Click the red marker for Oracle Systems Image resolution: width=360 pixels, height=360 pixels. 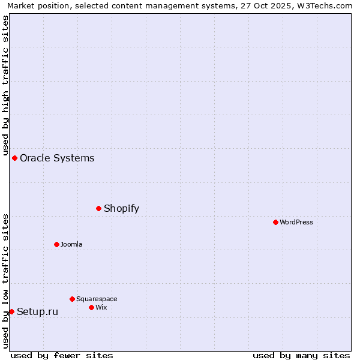point(15,158)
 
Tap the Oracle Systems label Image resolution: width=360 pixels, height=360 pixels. point(57,158)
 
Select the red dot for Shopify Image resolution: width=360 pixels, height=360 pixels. point(99,208)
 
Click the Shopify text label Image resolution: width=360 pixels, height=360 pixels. point(121,209)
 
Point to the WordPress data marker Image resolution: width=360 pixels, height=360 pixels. point(275,222)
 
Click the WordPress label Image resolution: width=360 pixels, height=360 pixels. point(296,223)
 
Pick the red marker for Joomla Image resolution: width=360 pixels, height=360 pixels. point(57,244)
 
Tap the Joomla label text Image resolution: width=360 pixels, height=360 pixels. point(71,245)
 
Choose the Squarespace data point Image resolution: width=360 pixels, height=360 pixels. point(72,299)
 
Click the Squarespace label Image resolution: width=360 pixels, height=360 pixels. point(97,299)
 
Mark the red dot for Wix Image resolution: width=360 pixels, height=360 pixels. point(91,307)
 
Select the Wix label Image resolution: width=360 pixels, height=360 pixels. point(101,308)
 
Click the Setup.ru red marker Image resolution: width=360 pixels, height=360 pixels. point(11,311)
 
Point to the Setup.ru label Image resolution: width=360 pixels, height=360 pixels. point(37,312)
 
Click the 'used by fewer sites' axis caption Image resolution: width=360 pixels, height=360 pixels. point(62,355)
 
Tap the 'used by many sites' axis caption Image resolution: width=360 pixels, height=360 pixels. point(301,355)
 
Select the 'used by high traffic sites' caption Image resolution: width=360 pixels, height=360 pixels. point(6,85)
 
